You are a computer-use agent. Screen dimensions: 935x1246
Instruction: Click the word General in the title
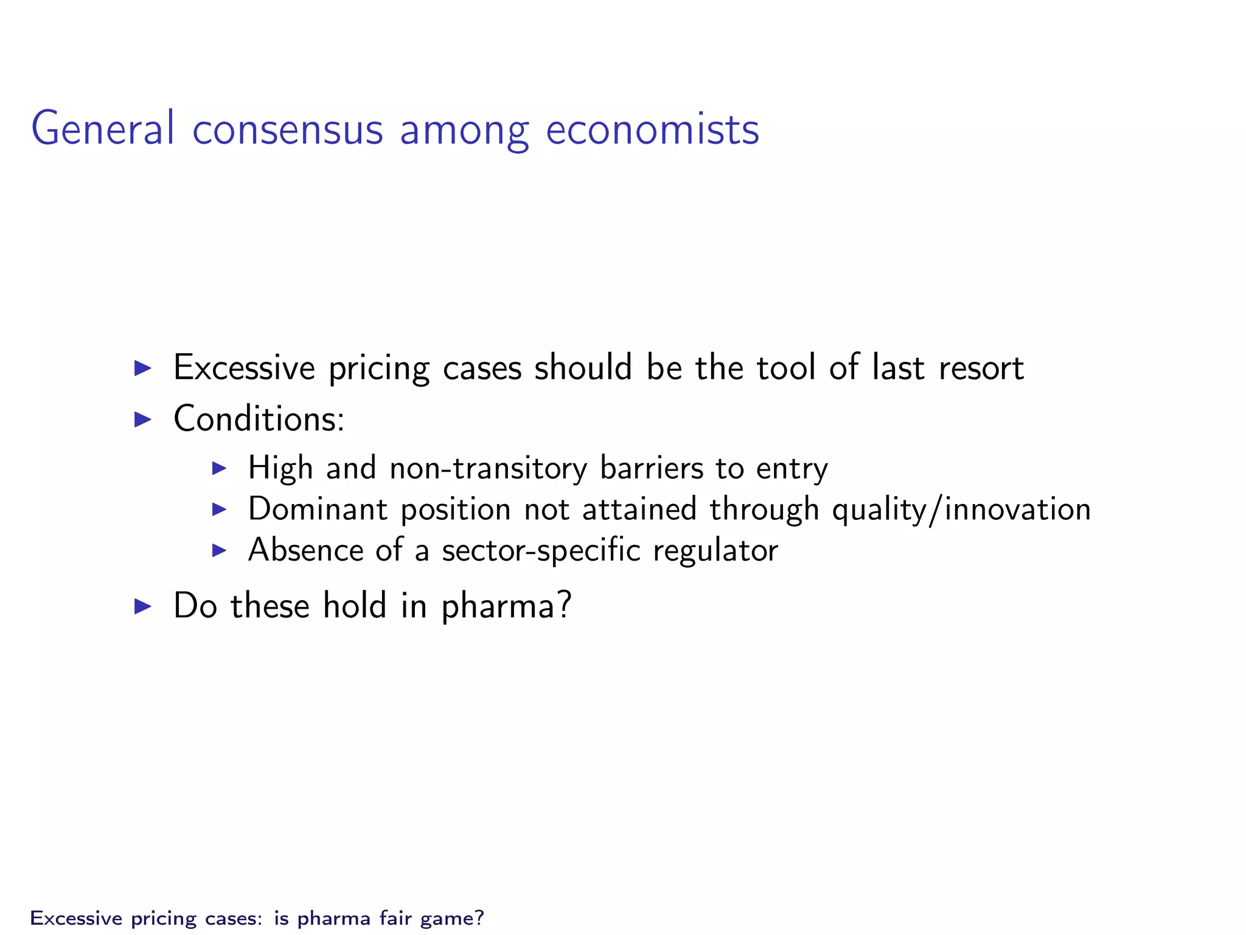click(103, 128)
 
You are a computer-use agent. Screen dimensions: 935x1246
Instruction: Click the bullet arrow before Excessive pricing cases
click(142, 368)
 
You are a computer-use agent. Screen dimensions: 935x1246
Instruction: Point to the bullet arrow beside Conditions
click(142, 419)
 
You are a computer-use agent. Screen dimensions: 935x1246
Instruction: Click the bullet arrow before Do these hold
click(142, 606)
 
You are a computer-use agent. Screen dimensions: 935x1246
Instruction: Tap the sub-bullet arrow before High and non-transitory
click(219, 468)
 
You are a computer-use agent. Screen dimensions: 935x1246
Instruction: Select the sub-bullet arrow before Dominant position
click(219, 509)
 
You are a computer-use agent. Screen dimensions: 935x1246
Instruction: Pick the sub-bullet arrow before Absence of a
click(219, 550)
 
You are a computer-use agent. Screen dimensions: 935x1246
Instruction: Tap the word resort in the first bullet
click(981, 368)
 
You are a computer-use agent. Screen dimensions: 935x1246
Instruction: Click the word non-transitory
click(489, 468)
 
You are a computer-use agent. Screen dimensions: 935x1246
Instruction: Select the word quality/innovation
click(961, 509)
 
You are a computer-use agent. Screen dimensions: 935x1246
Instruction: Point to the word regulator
click(715, 550)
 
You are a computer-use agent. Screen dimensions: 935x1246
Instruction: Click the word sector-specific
click(541, 550)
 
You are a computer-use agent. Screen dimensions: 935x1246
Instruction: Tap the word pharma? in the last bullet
click(506, 606)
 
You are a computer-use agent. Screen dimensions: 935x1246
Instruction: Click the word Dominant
click(318, 509)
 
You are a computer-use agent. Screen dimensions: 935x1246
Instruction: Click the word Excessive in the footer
click(76, 917)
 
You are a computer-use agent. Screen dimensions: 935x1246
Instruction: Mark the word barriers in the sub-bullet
click(650, 468)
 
